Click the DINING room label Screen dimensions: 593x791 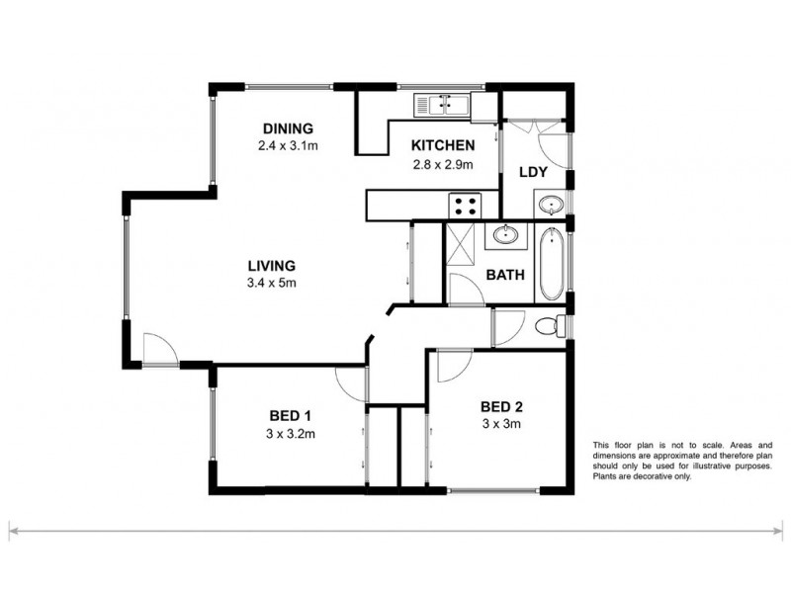click(288, 128)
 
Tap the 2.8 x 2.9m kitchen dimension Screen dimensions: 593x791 click(444, 164)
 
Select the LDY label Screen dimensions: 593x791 click(535, 171)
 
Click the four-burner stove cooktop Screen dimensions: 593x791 click(466, 207)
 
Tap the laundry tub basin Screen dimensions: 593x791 click(550, 206)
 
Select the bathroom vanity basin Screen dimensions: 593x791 click(505, 235)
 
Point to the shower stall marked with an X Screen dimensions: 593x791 click(460, 240)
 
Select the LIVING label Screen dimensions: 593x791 click(272, 266)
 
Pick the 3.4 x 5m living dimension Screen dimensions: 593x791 click(272, 283)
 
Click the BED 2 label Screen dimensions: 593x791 click(500, 407)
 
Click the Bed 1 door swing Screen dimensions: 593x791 click(350, 381)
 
